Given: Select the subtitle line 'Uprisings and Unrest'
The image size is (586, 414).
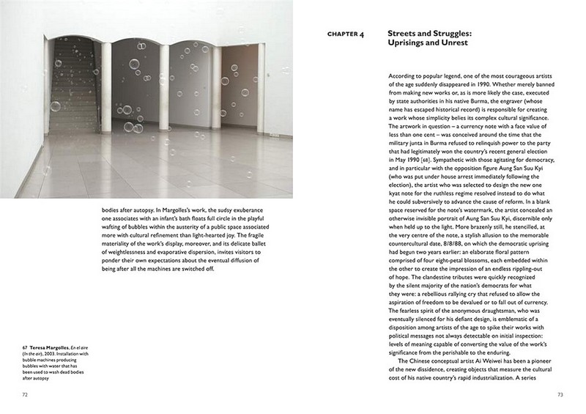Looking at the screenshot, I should [x=426, y=44].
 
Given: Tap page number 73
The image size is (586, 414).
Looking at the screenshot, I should [x=560, y=394].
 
